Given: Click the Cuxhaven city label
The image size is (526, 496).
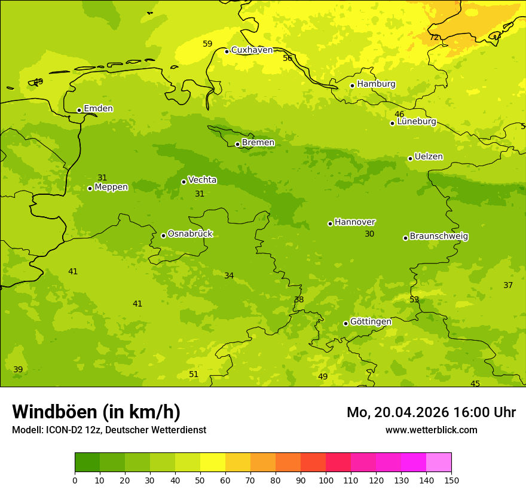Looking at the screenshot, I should click(252, 50).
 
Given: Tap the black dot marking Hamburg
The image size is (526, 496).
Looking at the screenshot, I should click(352, 85).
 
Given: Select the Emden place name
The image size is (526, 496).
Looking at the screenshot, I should click(98, 109).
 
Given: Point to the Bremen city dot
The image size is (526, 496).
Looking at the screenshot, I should click(237, 144).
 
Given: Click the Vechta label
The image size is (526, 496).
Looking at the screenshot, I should click(202, 180).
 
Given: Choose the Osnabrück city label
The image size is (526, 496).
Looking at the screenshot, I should click(190, 234).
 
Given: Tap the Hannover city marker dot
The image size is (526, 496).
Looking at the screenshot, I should click(330, 223).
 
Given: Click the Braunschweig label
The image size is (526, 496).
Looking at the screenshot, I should click(439, 237).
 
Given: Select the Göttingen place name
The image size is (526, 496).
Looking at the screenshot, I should click(371, 322).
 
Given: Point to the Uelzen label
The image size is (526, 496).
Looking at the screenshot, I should click(429, 157).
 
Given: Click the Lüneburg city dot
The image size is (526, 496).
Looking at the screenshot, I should click(392, 123).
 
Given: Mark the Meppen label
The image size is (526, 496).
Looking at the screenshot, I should click(111, 187).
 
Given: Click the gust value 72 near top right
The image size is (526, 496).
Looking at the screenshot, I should click(435, 38).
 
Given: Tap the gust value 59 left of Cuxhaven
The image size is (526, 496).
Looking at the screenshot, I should click(207, 44).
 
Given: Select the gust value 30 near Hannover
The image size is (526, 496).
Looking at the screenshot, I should click(369, 234).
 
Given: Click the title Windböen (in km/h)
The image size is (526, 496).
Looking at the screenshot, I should click(96, 412).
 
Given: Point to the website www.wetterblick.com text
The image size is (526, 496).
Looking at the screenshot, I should click(431, 430).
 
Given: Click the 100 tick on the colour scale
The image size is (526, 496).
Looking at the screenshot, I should click(326, 480).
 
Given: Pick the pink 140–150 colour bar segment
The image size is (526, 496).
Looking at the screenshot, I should click(439, 462).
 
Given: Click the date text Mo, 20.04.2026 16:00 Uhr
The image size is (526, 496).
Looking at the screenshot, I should click(431, 412).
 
